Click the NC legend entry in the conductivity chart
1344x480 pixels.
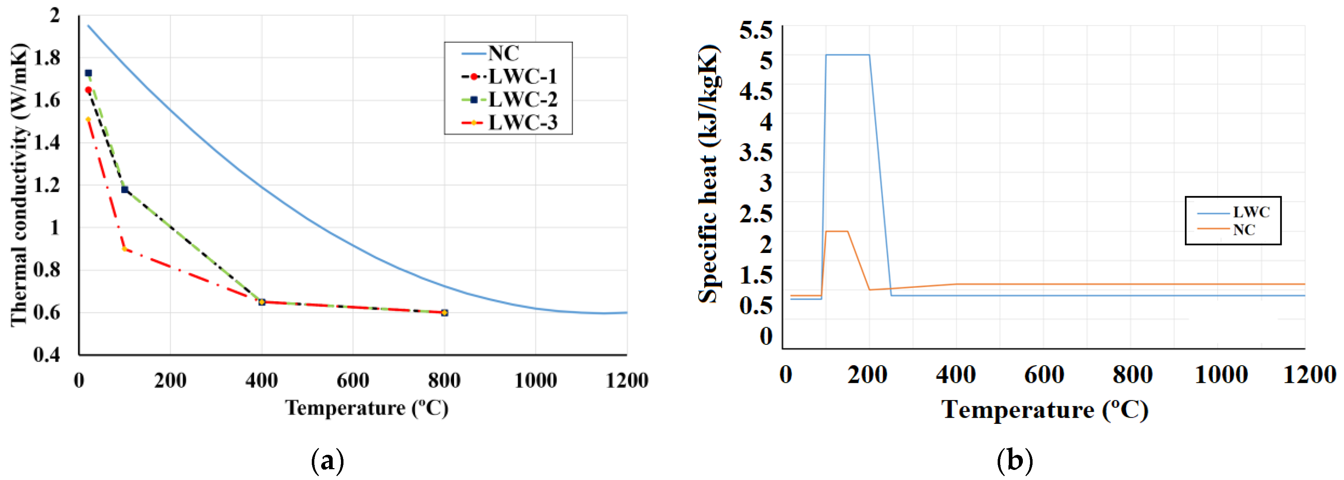(503, 53)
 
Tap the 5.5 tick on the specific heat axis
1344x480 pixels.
(755, 30)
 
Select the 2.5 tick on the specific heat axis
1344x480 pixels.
(755, 214)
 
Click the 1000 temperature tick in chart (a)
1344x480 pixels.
(535, 380)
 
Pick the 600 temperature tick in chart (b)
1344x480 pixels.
(1044, 375)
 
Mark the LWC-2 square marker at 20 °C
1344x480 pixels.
(88, 73)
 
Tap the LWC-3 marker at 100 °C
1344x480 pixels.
(125, 249)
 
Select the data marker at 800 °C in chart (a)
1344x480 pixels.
(445, 313)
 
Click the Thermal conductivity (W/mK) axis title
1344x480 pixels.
(19, 185)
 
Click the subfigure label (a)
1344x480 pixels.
(327, 461)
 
